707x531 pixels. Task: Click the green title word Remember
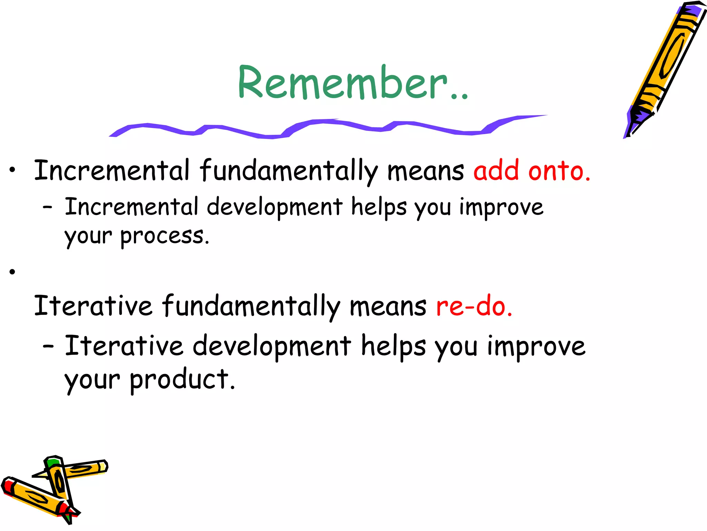point(352,83)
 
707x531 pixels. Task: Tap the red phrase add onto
point(532,171)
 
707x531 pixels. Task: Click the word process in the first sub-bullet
point(165,236)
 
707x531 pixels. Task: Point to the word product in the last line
point(182,380)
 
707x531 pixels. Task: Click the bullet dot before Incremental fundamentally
point(13,170)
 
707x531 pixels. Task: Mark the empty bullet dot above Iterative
point(13,272)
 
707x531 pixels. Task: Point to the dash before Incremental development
point(48,207)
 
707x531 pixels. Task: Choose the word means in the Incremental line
point(425,171)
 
